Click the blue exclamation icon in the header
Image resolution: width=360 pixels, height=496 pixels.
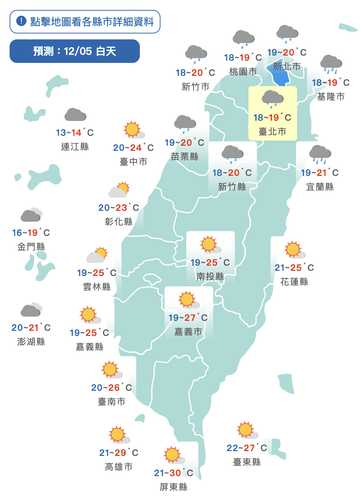coord(21,21)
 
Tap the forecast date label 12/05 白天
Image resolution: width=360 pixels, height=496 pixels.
coord(75,51)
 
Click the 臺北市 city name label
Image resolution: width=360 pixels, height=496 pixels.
coord(272,131)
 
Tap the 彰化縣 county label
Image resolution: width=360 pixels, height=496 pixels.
coord(119,222)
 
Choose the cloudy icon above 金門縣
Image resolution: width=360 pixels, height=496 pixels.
coord(31,215)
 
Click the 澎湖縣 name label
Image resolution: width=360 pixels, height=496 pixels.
coord(31,341)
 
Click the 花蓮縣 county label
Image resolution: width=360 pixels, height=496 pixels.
coord(294,281)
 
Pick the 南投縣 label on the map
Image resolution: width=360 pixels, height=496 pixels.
coord(210,276)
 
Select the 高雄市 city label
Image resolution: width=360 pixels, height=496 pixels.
coord(119,467)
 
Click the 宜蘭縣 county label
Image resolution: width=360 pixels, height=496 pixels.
coord(320,187)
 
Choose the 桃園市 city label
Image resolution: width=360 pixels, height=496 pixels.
coord(243,72)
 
